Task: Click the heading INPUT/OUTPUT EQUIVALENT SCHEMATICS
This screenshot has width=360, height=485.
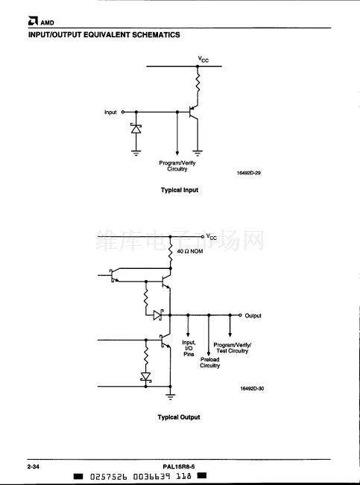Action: coord(104,34)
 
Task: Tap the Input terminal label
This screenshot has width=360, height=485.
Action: coord(110,112)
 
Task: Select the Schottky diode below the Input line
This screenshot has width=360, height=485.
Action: coord(136,128)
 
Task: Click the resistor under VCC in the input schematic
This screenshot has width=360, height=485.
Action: coord(198,83)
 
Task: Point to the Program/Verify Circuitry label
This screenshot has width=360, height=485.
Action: coord(177,166)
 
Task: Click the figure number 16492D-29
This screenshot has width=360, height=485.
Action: coord(248,173)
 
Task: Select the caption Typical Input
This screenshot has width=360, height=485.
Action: coord(180,190)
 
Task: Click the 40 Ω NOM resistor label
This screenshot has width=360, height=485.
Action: coord(190,251)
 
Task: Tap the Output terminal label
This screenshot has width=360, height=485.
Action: coord(253,315)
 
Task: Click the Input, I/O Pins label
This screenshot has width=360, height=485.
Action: coord(189,348)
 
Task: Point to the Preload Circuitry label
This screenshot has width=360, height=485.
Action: coord(209,363)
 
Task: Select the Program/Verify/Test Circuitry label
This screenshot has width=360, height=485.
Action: coord(232,348)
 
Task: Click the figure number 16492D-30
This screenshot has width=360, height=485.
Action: coord(252,388)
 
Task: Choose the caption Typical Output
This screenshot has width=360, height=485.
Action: coord(179,417)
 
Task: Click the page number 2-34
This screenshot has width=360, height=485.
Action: coord(34,467)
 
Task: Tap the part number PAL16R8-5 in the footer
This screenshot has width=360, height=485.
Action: coord(179,467)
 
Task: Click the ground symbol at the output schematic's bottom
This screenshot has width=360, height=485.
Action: coord(170,396)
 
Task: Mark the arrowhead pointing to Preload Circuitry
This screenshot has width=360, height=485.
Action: coord(209,354)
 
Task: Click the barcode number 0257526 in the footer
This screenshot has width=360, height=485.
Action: coord(108,476)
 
